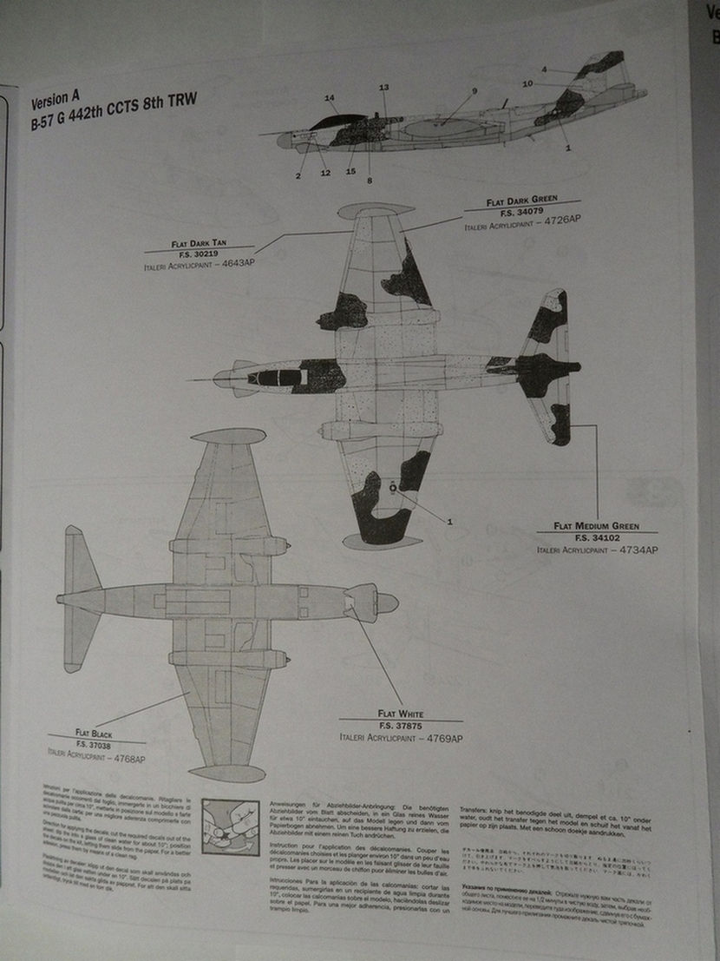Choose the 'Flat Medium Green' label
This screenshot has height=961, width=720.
click(596, 526)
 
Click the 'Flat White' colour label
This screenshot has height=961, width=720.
click(401, 714)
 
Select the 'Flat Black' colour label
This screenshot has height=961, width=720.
click(94, 734)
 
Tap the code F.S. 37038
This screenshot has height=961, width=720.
click(94, 745)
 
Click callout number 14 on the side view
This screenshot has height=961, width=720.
click(330, 98)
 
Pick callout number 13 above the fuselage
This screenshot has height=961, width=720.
click(383, 87)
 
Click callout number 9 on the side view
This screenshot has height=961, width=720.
click(475, 91)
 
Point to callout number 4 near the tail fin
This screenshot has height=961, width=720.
click(544, 69)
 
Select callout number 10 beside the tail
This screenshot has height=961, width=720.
click(527, 84)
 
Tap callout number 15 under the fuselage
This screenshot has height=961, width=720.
click(350, 171)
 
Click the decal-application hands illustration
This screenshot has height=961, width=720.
click(230, 827)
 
